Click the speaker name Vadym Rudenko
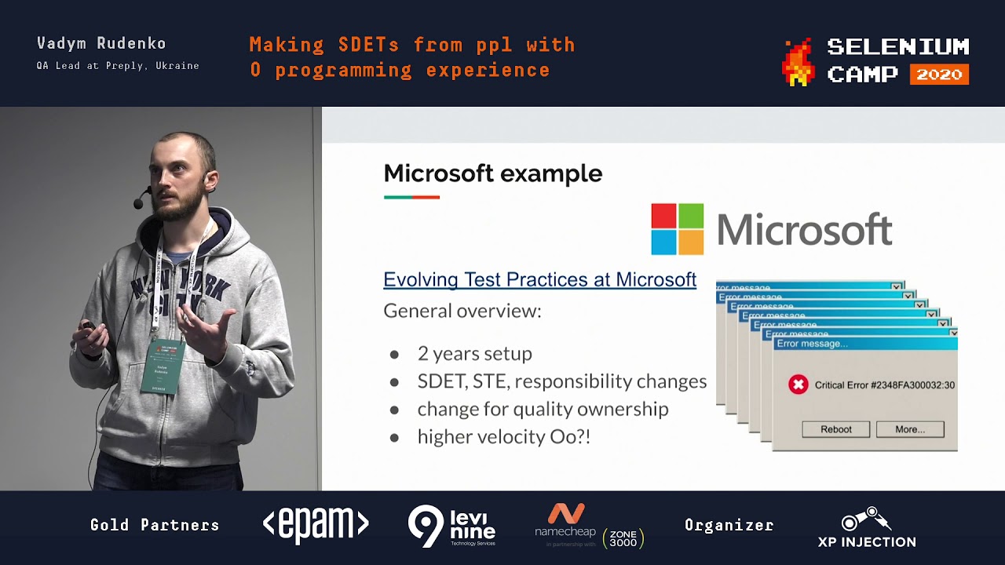coord(101,44)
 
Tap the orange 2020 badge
coord(939,75)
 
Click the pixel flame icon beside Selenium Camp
coord(797,62)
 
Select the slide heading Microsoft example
coord(492,173)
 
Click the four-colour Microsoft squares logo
coord(677,229)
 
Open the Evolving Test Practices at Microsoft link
coord(539,279)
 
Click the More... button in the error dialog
coord(909,429)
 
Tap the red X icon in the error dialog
coord(798,385)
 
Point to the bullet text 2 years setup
coord(474,353)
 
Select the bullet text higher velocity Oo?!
coord(503,436)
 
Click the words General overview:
coord(462,311)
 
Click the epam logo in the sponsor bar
coord(316,525)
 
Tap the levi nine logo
coord(452,526)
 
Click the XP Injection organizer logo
coord(866,527)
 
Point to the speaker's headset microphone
coord(139,203)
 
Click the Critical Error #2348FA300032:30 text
coord(884,385)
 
